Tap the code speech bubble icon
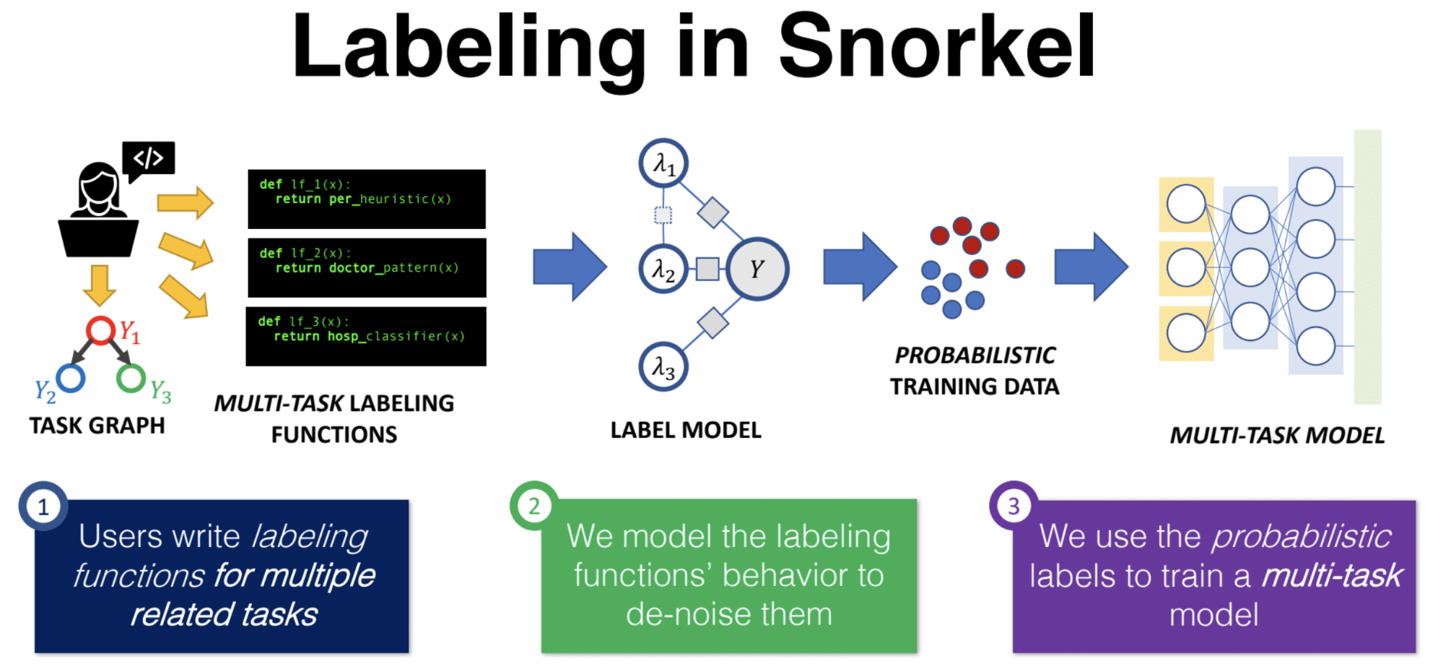(149, 158)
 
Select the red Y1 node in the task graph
(100, 330)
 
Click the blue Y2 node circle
(71, 378)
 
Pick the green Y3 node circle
(131, 378)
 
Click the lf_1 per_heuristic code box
(367, 199)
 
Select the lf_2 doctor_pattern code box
(367, 267)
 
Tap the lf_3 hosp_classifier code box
(366, 336)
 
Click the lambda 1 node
(663, 163)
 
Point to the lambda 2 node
(663, 270)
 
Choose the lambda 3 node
(663, 366)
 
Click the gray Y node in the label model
(757, 269)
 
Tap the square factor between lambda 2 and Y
(707, 269)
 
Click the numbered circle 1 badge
(43, 507)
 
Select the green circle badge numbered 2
(534, 506)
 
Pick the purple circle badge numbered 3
(1013, 506)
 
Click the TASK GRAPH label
(97, 426)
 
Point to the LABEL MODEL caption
(686, 430)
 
